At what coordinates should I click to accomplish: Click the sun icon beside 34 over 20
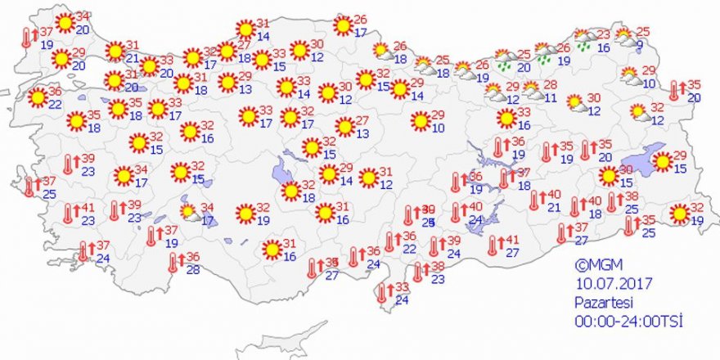(65, 22)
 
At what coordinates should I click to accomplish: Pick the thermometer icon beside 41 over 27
(493, 246)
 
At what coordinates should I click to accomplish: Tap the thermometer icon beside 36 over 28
(173, 263)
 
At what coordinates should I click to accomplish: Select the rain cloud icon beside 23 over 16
(584, 40)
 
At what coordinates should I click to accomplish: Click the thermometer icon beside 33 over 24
(382, 293)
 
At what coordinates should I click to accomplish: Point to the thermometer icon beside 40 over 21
(534, 200)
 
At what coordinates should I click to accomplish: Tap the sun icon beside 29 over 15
(662, 162)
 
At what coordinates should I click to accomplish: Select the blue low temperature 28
(193, 270)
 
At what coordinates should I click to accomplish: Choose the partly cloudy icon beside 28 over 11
(530, 89)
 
